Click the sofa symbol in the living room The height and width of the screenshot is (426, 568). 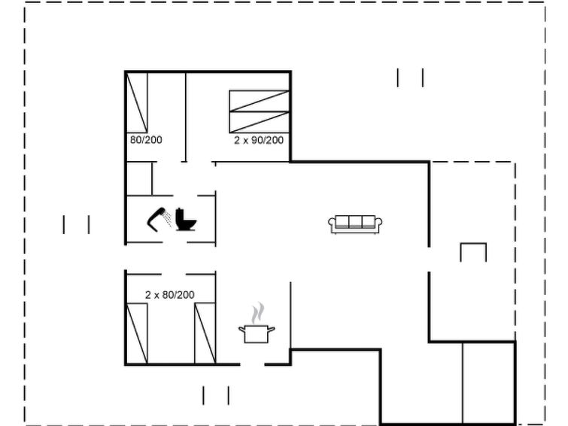click(x=355, y=224)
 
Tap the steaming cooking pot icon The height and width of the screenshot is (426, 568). click(x=257, y=324)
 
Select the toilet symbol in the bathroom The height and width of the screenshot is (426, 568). click(x=186, y=219)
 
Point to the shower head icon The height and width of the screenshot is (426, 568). click(x=159, y=219)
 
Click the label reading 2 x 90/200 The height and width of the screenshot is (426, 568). click(x=259, y=140)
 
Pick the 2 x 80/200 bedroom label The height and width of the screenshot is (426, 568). click(x=170, y=295)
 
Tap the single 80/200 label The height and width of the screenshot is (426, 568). click(x=146, y=140)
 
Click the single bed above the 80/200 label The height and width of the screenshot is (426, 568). click(x=137, y=102)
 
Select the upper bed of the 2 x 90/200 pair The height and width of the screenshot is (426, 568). click(x=260, y=101)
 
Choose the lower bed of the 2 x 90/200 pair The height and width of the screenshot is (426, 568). click(x=260, y=122)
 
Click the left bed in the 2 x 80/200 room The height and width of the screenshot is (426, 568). click(x=137, y=333)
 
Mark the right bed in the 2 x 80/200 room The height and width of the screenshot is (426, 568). click(x=205, y=333)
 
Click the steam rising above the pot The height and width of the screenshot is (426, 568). click(x=258, y=313)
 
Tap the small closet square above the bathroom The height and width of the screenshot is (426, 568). click(x=139, y=178)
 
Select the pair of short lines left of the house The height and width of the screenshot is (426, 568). click(x=77, y=224)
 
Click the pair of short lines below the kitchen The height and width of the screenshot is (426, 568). click(x=216, y=396)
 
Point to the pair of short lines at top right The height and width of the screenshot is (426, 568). click(x=410, y=78)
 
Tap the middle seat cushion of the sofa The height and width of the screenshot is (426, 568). click(x=355, y=221)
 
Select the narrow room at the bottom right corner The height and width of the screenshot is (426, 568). click(x=489, y=382)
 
